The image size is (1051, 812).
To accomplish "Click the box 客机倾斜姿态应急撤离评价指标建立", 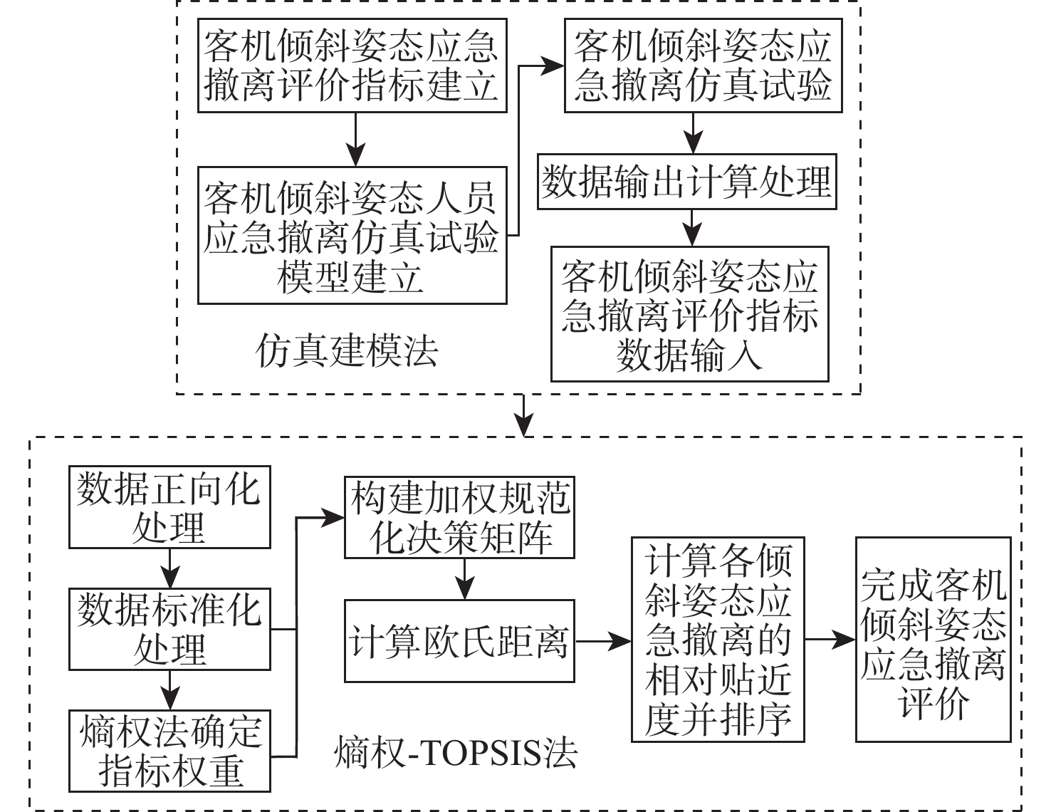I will pos(352,66).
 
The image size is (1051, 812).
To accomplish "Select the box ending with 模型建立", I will pos(352,236).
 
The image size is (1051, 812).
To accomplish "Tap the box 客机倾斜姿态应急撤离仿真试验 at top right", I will pos(703,66).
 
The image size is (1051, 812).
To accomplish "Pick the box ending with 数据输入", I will pos(689,314).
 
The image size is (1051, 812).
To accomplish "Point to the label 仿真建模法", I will pos(347,351).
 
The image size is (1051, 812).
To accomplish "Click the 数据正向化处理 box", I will pos(169,507).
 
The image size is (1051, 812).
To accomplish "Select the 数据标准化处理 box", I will pos(169,629).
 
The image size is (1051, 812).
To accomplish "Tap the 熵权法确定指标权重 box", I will pos(169,751).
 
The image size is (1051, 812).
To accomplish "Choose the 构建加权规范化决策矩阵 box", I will pos(459,517).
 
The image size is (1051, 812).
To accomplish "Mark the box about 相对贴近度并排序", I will pos(718,639).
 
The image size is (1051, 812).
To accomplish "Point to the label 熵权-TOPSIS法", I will pos(456,753).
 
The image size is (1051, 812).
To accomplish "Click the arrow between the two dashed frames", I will pos(524,415).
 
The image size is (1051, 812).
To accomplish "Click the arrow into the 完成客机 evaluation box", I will pos(830,640).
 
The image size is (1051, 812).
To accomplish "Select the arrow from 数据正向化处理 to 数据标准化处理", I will pos(169,568).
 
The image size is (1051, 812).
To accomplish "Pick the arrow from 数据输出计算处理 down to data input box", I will pos(690,227).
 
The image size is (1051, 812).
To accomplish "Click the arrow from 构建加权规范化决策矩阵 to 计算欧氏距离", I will pos(464,579).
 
